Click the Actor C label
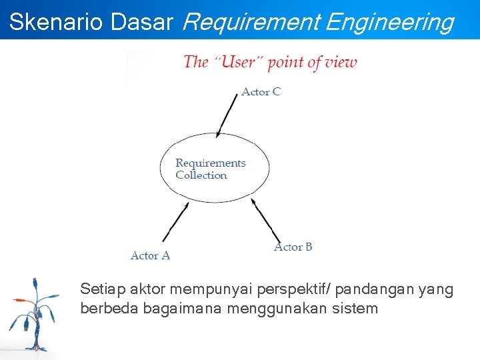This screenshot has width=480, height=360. pos(261,91)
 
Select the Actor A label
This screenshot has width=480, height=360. pos(150,255)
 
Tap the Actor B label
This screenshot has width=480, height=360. pos(293,247)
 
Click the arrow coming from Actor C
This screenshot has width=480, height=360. pos(227,115)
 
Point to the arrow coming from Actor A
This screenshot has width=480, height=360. pos(175,222)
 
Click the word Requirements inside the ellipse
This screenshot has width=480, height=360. pos(210,163)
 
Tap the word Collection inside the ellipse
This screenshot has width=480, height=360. pos(201,175)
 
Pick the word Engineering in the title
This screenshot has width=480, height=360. pos(389,23)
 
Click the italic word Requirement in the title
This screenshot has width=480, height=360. pos(251,23)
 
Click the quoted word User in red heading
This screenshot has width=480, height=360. pos(238,63)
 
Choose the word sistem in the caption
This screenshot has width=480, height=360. pos(358,309)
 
